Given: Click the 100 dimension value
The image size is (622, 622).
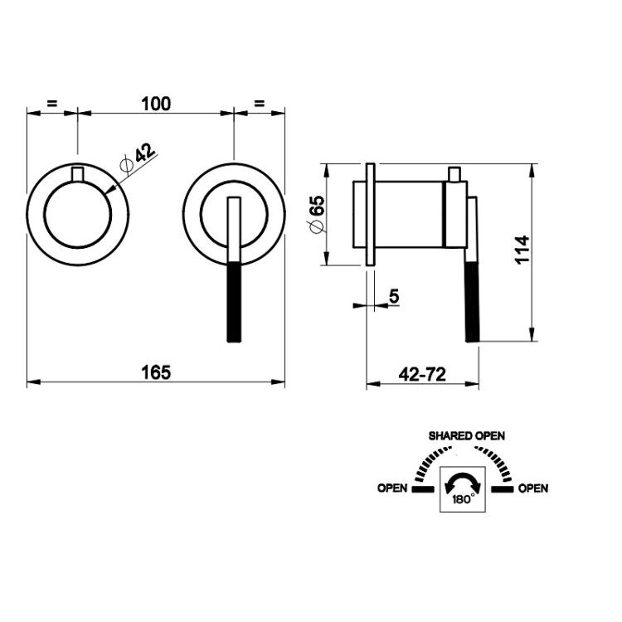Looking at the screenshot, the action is [156, 104].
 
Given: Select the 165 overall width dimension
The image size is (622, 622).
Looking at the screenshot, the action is [156, 372].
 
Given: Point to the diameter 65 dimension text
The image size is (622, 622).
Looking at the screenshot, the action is [318, 214].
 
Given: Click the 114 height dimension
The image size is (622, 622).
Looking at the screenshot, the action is [522, 250].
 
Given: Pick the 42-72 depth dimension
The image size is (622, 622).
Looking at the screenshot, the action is [422, 374].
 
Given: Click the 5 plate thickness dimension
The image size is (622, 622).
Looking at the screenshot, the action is [394, 296].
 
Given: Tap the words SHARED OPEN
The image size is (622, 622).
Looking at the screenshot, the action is [466, 436].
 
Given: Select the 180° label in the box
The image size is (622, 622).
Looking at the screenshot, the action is [464, 499].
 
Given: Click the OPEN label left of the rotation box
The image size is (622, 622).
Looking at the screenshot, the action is [392, 488].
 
